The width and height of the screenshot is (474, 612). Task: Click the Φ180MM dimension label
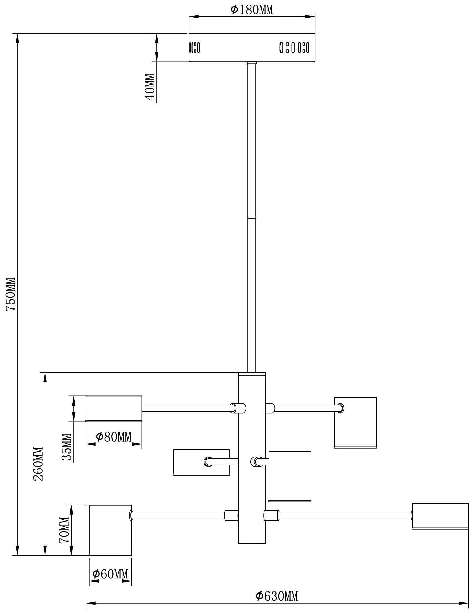(x=252, y=10)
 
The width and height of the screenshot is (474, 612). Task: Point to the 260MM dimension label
(x=38, y=464)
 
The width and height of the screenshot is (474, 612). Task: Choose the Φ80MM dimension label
(x=113, y=437)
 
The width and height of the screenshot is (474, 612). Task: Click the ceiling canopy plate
(x=252, y=47)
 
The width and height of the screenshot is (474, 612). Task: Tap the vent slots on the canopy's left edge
(x=194, y=47)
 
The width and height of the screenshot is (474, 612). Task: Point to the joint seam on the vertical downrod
(x=252, y=218)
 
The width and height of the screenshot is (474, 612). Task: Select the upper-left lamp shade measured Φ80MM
(x=114, y=409)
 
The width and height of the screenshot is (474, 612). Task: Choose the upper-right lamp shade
(x=355, y=423)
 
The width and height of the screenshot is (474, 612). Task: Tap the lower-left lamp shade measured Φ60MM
(x=110, y=530)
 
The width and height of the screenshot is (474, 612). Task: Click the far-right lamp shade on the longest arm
(x=440, y=516)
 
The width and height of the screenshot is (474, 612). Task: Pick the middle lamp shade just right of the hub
(x=290, y=476)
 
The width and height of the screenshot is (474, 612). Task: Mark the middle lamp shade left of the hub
(x=201, y=462)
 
